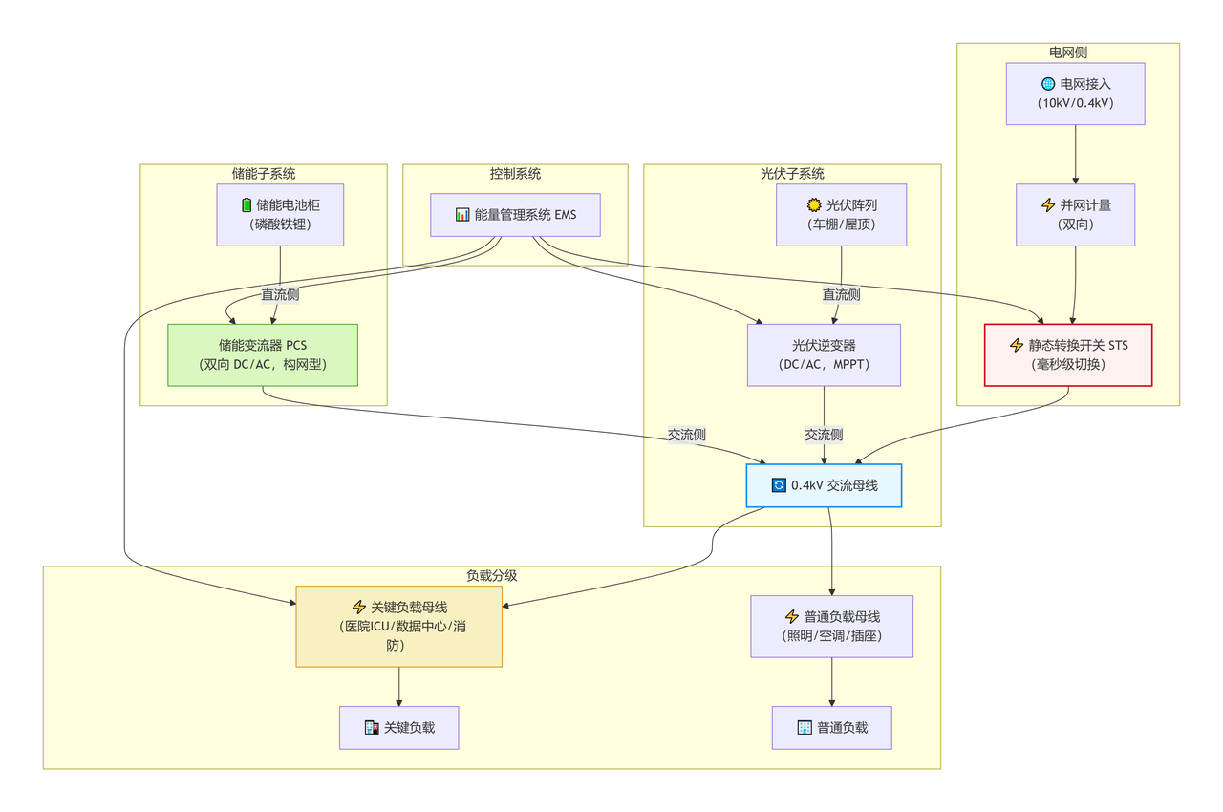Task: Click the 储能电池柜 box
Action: coord(280,214)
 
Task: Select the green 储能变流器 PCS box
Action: coord(263,354)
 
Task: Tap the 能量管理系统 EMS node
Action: coord(516,215)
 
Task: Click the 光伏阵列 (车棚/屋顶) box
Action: coord(841,214)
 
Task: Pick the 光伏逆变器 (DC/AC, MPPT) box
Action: coord(824,354)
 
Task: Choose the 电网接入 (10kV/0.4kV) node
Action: coord(1076,93)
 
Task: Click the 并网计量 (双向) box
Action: coord(1076,215)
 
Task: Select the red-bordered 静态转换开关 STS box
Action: coord(1068,354)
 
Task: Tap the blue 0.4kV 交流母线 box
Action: coord(824,485)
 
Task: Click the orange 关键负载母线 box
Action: coord(398,626)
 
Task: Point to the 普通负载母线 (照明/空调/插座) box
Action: coord(832,626)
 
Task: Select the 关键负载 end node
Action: coord(398,727)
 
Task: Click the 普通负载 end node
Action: coord(832,727)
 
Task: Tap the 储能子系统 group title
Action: coord(264,174)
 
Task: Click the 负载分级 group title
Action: coord(492,576)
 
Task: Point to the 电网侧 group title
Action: coord(1068,53)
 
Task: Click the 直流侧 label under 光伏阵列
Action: coord(841,294)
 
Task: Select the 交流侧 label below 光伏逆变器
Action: coord(824,435)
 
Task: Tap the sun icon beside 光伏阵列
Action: coord(814,204)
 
